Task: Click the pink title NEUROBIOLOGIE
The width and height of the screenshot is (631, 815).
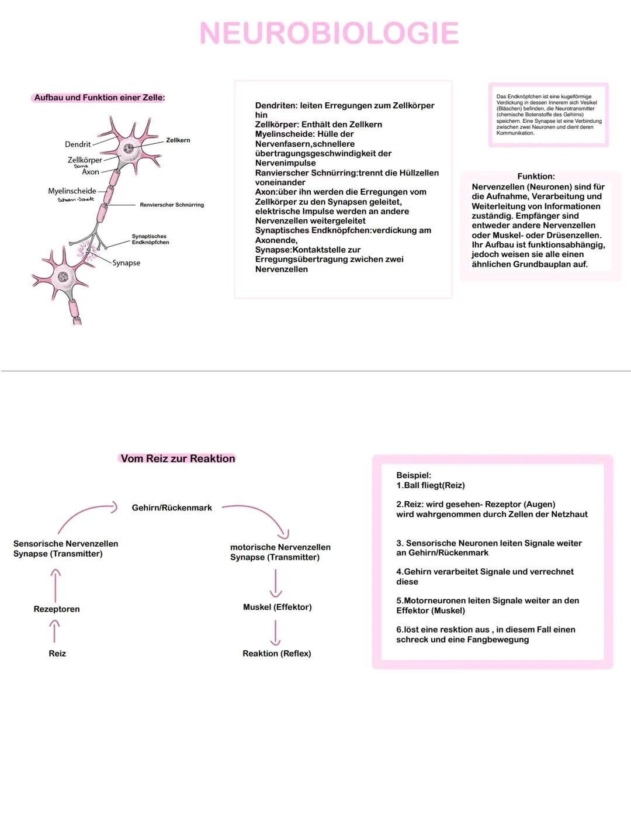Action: click(x=329, y=33)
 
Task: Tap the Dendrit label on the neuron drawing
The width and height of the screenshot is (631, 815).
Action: click(x=78, y=144)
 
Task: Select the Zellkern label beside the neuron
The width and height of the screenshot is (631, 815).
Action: click(x=178, y=140)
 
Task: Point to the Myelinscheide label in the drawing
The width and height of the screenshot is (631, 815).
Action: click(x=72, y=191)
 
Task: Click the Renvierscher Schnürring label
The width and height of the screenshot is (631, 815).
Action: click(x=172, y=205)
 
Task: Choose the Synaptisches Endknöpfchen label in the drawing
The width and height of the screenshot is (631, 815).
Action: click(x=150, y=240)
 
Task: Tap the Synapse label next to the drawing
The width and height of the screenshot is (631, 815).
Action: click(x=126, y=263)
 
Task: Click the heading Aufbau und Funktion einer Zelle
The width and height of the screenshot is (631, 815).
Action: click(x=99, y=98)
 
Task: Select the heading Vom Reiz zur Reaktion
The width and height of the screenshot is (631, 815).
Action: click(x=178, y=459)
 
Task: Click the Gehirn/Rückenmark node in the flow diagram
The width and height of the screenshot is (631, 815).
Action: click(x=172, y=508)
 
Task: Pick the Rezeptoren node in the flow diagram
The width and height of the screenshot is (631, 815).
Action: click(x=57, y=609)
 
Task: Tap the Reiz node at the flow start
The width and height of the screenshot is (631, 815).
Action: click(x=57, y=654)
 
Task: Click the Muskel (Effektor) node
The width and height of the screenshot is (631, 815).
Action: click(x=277, y=607)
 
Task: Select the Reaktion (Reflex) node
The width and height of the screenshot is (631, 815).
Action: click(x=276, y=654)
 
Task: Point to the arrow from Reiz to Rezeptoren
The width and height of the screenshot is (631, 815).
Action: click(x=54, y=631)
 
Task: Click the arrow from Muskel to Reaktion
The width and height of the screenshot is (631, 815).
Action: click(x=275, y=632)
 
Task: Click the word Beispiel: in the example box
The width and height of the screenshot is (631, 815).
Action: click(x=414, y=476)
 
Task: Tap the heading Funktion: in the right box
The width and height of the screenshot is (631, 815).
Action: click(x=536, y=177)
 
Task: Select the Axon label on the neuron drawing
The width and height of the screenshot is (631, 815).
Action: click(x=91, y=172)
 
